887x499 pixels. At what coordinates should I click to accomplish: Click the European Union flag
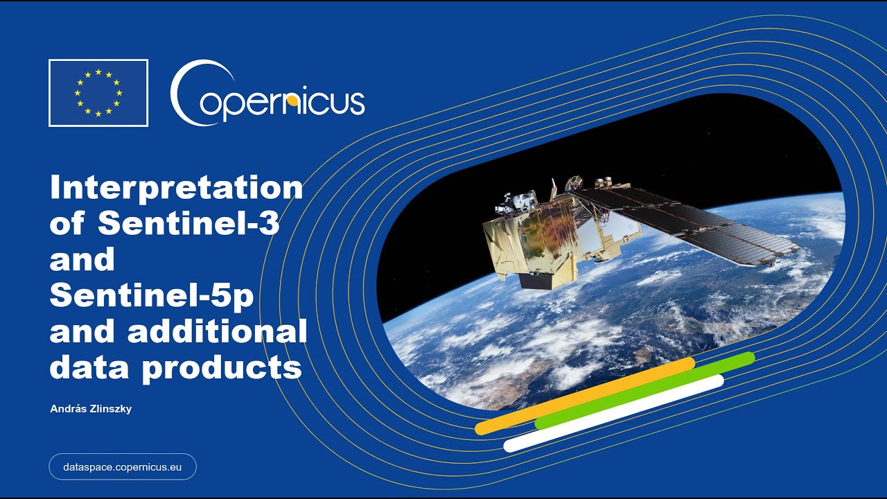pyautogui.click(x=98, y=93)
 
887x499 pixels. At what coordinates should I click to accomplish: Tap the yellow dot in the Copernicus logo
pyautogui.click(x=292, y=101)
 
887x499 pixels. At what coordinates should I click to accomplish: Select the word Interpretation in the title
pyautogui.click(x=176, y=189)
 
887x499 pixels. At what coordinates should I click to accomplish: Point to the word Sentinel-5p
pyautogui.click(x=152, y=297)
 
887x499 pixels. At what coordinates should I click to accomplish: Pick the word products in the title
pyautogui.click(x=222, y=368)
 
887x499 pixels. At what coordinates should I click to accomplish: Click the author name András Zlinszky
pyautogui.click(x=91, y=409)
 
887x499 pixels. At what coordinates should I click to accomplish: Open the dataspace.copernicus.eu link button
pyautogui.click(x=123, y=467)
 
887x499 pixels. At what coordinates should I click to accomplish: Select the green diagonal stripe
pyautogui.click(x=644, y=390)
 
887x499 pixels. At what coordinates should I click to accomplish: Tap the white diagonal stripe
pyautogui.click(x=613, y=413)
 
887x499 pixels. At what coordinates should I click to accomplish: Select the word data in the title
pyautogui.click(x=89, y=367)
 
